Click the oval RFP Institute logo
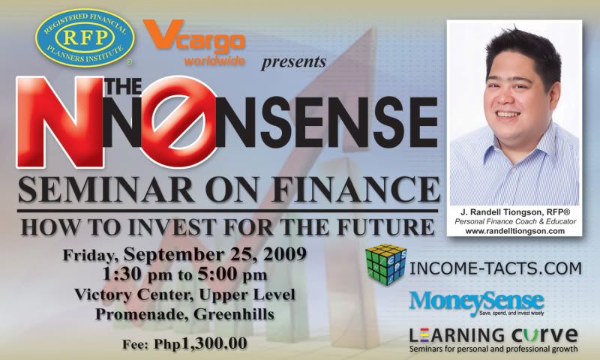85,37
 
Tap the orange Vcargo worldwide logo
194,43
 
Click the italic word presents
293,62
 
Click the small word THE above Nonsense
123,86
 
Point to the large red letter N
60,122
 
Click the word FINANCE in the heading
355,190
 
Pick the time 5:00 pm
232,275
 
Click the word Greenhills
234,314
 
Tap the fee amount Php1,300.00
200,343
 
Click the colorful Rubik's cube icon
385,265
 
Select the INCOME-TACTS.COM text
496,268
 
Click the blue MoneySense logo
476,303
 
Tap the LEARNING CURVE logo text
493,335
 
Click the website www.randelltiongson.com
515,231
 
